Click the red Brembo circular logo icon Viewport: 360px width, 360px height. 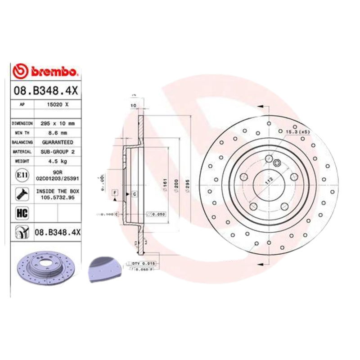tap(21, 72)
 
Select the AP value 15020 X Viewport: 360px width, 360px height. tap(57, 104)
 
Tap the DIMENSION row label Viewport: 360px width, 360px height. tap(22, 123)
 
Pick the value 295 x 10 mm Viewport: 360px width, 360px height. tap(57, 123)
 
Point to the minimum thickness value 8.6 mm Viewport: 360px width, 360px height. tap(57, 133)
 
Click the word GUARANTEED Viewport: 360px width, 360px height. tap(57, 142)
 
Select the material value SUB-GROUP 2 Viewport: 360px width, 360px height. tap(57, 152)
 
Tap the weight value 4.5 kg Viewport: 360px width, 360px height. tap(57, 161)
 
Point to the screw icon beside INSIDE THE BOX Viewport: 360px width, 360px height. tap(21, 194)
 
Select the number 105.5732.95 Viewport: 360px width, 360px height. tap(57, 197)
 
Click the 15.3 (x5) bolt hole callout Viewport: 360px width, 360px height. tap(297, 131)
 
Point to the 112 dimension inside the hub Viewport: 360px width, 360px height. tap(269, 181)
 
